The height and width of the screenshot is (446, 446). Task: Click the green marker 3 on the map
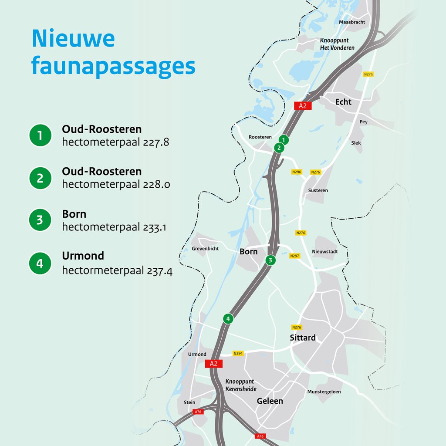click(270, 260)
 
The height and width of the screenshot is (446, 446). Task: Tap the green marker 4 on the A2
click(228, 318)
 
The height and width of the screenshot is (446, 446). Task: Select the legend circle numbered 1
click(40, 135)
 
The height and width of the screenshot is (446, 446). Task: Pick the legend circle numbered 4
click(40, 264)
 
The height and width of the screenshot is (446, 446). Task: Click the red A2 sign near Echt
click(303, 105)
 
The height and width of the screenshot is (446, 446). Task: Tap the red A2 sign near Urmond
click(213, 364)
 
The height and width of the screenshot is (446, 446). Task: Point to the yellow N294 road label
click(238, 353)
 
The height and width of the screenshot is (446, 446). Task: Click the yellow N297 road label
click(295, 256)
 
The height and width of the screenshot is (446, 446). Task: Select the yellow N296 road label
click(297, 172)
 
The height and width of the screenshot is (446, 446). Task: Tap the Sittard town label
click(303, 338)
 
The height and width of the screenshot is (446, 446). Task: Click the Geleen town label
click(270, 401)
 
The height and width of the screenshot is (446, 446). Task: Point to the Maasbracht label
click(352, 22)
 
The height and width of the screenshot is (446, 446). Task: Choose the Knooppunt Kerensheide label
click(241, 385)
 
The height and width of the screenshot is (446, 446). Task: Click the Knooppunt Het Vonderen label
click(337, 44)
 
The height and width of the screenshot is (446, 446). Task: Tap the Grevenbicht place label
click(205, 249)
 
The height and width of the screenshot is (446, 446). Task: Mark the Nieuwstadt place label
click(325, 252)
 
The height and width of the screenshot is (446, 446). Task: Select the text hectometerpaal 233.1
click(114, 227)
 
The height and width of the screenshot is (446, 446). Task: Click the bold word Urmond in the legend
click(83, 256)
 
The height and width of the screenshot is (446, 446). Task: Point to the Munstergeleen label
click(324, 392)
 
